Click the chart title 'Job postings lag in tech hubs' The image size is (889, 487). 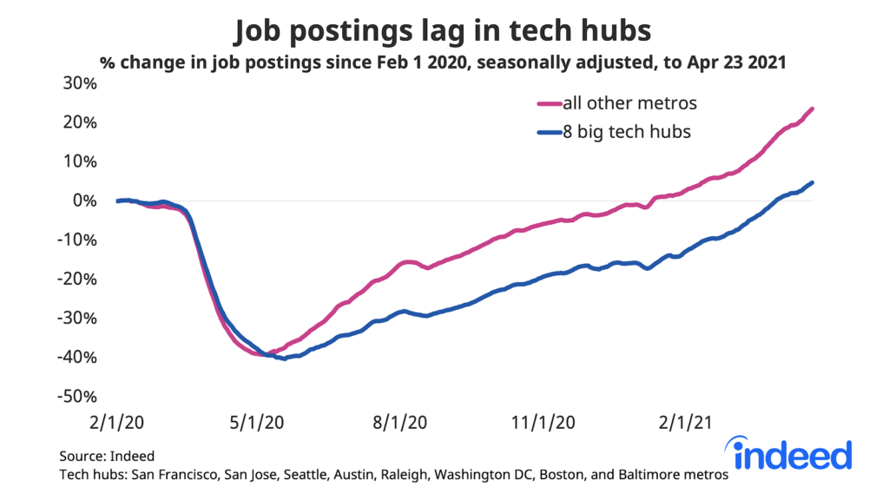pos(444,31)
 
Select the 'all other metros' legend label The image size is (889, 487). pos(630,104)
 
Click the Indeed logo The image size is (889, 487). pos(789,452)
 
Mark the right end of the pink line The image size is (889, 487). pos(812,109)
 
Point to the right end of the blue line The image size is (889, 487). pos(812,182)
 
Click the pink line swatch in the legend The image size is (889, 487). pos(548,105)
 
